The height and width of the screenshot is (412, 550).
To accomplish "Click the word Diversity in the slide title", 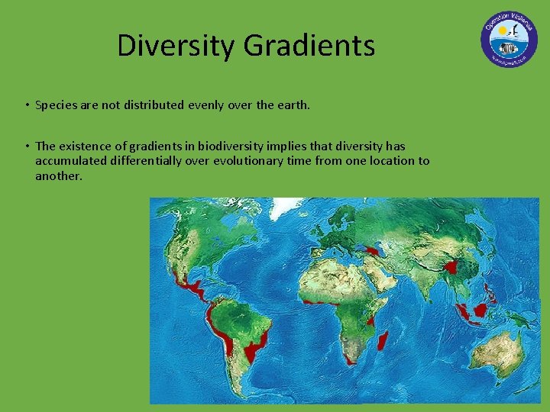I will click(x=176, y=46).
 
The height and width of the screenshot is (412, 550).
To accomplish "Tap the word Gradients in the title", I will click(x=309, y=46).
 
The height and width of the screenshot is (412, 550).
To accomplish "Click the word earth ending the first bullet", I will click(x=291, y=105).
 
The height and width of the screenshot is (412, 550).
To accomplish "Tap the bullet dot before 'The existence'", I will click(x=26, y=146).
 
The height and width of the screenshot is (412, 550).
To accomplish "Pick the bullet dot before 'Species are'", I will click(x=26, y=105).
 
